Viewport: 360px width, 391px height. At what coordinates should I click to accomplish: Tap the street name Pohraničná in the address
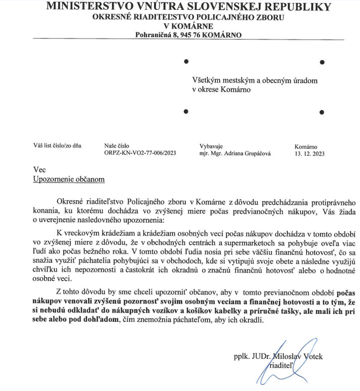[153, 35]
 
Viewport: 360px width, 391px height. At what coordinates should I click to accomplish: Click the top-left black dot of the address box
[186, 62]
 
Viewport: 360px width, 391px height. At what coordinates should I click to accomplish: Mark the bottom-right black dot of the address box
[322, 112]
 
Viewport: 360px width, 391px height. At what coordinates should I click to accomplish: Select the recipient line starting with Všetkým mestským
[255, 81]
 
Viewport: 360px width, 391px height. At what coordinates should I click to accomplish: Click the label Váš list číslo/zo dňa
[57, 146]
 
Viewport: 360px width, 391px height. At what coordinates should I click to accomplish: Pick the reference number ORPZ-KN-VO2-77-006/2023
[140, 154]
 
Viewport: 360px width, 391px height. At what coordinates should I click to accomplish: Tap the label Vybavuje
[211, 146]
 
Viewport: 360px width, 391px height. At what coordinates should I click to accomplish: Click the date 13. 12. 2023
[310, 154]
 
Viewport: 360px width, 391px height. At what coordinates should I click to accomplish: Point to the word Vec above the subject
[39, 170]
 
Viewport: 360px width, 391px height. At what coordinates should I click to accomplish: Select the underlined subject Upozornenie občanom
[69, 179]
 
